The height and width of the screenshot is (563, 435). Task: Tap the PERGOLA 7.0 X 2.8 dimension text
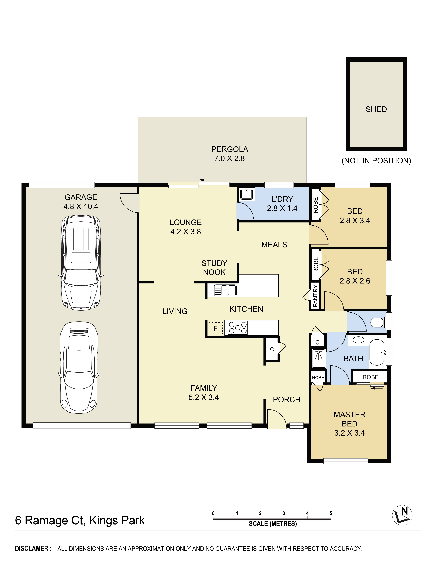[x=229, y=159]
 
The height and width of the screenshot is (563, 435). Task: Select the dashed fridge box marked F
[x=216, y=328]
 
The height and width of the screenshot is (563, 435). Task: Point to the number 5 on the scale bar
[x=331, y=513]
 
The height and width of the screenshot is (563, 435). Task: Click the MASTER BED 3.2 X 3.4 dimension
[x=349, y=433]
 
